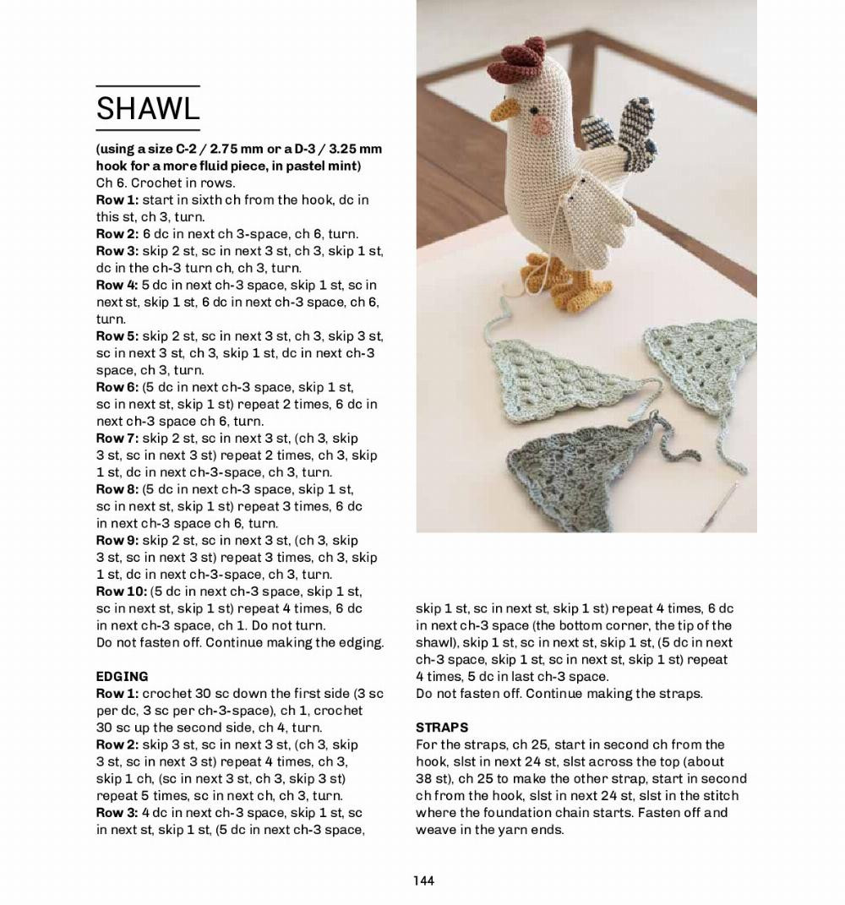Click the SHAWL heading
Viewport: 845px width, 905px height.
[x=148, y=108]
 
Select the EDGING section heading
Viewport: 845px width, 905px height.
[x=123, y=676]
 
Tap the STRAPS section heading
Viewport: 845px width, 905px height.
[x=442, y=727]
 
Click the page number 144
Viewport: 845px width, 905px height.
[x=423, y=880]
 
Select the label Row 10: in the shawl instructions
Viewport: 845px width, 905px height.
[x=121, y=591]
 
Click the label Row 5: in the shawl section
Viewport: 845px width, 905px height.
[x=117, y=335]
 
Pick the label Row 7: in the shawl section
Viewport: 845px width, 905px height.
[x=117, y=438]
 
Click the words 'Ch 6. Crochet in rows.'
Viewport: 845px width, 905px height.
[x=166, y=183]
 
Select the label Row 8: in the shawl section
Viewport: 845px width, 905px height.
[x=117, y=488]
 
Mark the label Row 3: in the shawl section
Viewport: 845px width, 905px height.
[x=117, y=250]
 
